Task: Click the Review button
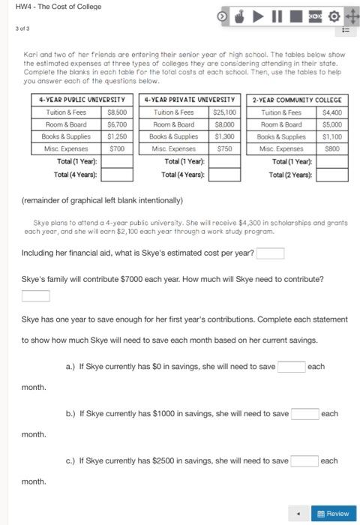coord(334,513)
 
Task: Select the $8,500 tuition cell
coord(116,112)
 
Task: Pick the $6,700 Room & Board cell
coord(116,124)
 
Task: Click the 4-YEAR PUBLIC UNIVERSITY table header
coord(82,99)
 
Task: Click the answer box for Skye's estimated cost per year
coord(271,253)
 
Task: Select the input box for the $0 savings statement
coord(291,367)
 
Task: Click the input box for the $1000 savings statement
coord(304,414)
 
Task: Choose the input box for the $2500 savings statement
coord(304,460)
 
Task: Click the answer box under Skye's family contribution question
coord(35,295)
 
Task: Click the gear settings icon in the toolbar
coord(332,15)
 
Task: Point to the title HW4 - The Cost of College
coord(58,6)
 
